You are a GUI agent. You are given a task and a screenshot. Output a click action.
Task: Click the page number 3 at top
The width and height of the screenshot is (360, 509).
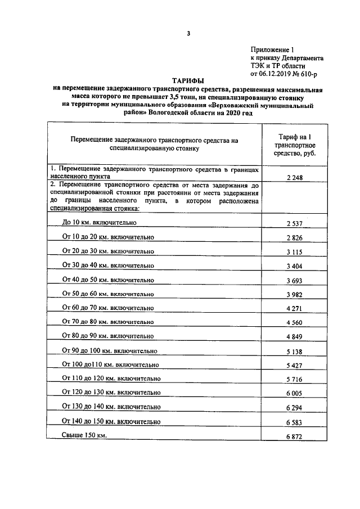[x=188, y=33]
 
